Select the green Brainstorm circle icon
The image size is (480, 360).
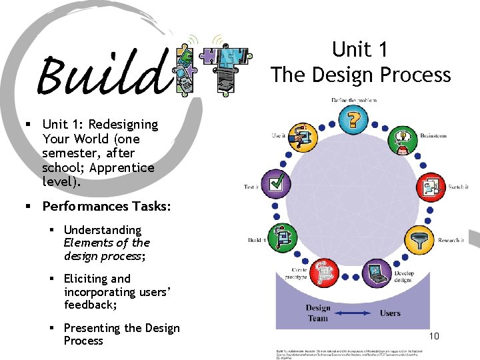tap(401, 140)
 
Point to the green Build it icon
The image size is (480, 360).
tap(281, 237)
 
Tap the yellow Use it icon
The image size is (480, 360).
tap(304, 138)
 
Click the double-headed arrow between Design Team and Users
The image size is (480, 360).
tap(354, 313)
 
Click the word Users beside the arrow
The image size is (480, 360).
tap(390, 313)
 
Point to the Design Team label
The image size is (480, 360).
tap(318, 313)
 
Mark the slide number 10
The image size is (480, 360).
tap(434, 336)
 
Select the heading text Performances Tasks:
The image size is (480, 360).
tap(106, 206)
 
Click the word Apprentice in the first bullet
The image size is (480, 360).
tap(125, 168)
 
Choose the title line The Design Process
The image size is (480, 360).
tap(361, 75)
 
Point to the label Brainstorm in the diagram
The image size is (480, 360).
tap(433, 136)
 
